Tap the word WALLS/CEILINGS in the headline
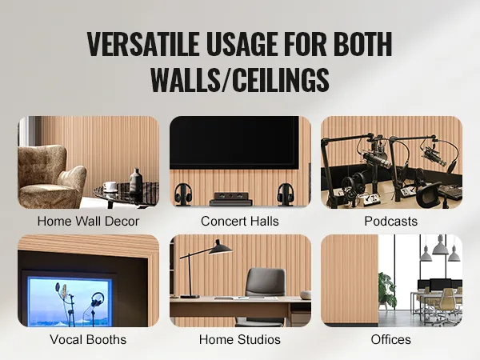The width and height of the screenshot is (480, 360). (x=240, y=79)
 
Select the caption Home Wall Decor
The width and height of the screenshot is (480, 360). (x=88, y=222)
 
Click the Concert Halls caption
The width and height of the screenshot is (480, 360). (x=240, y=222)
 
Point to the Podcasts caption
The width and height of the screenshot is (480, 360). (x=391, y=222)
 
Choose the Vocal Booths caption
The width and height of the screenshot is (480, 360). (x=88, y=339)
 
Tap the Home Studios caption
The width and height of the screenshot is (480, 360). (x=240, y=339)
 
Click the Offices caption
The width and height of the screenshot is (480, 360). (x=391, y=339)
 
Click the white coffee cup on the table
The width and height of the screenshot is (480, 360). (x=110, y=186)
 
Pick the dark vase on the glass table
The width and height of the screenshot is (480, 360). (x=136, y=182)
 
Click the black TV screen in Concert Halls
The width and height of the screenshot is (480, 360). (x=234, y=142)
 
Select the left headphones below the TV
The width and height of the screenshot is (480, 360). (x=183, y=194)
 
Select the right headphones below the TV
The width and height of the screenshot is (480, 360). (x=286, y=194)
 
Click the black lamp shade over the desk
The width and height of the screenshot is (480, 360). (x=220, y=248)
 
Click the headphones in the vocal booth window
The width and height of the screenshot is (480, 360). (x=97, y=299)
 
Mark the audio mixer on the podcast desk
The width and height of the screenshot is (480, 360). (x=450, y=192)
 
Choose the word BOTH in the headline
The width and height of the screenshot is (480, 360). (x=362, y=44)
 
